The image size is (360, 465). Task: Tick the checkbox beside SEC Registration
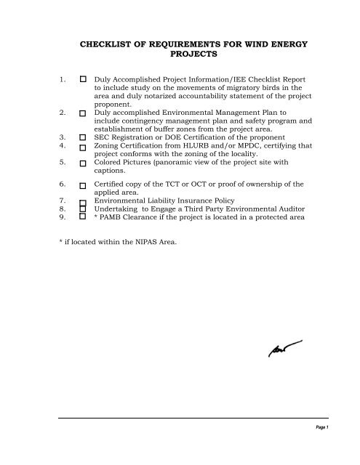pos(84,136)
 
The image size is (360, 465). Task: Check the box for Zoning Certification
pos(84,146)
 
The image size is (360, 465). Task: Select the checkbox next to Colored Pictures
pos(84,163)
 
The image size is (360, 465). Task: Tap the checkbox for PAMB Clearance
pos(84,216)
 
